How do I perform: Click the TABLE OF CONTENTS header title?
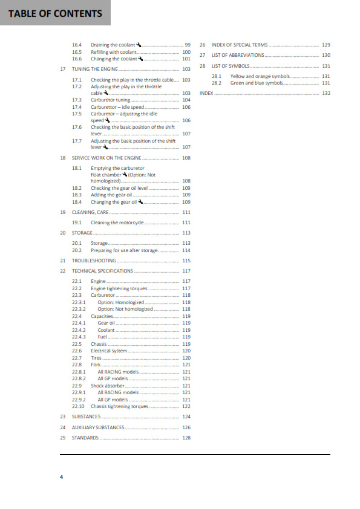(x=55, y=13)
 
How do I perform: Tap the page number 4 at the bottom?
(x=61, y=477)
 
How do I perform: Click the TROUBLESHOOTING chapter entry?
(x=94, y=261)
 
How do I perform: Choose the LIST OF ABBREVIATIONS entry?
(x=237, y=55)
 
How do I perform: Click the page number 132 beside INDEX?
(x=326, y=94)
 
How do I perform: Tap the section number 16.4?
(x=76, y=45)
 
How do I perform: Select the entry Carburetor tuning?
(x=110, y=100)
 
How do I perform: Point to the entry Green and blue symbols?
(x=257, y=83)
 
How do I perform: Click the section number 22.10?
(x=77, y=406)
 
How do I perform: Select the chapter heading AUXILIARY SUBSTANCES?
(x=98, y=427)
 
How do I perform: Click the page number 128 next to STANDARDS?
(x=186, y=438)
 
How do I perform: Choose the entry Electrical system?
(x=109, y=351)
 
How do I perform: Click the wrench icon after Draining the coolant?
(x=139, y=45)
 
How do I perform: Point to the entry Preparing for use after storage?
(x=124, y=250)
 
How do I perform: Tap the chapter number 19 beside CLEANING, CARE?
(x=63, y=212)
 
